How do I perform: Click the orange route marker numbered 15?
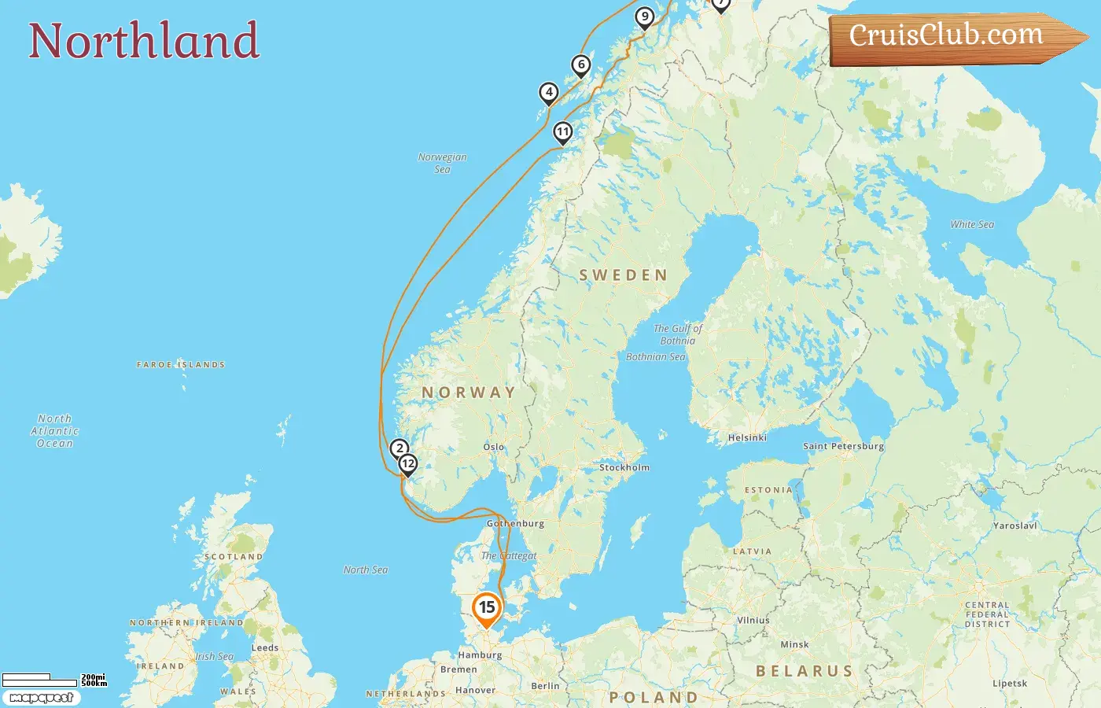point(487,608)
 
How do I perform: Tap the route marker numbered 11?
point(562,131)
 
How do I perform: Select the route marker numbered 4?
point(549,93)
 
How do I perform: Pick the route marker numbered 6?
point(581,65)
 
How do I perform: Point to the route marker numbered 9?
point(645,17)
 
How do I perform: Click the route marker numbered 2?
point(400,448)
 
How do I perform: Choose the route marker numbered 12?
point(407,463)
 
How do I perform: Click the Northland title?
point(144,41)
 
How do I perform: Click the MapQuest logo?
point(41,698)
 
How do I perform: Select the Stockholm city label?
point(624,467)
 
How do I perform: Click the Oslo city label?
point(494,447)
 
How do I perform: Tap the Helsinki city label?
point(747,437)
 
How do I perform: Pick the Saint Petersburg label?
point(843,446)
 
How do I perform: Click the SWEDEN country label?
point(623,275)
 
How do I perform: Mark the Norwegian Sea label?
point(442,163)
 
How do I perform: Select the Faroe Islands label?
point(181,365)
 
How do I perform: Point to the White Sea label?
point(972,224)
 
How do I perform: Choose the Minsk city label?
point(794,644)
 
